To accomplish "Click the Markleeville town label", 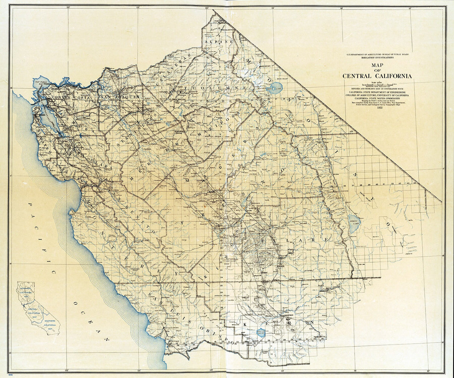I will pos(229,29).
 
